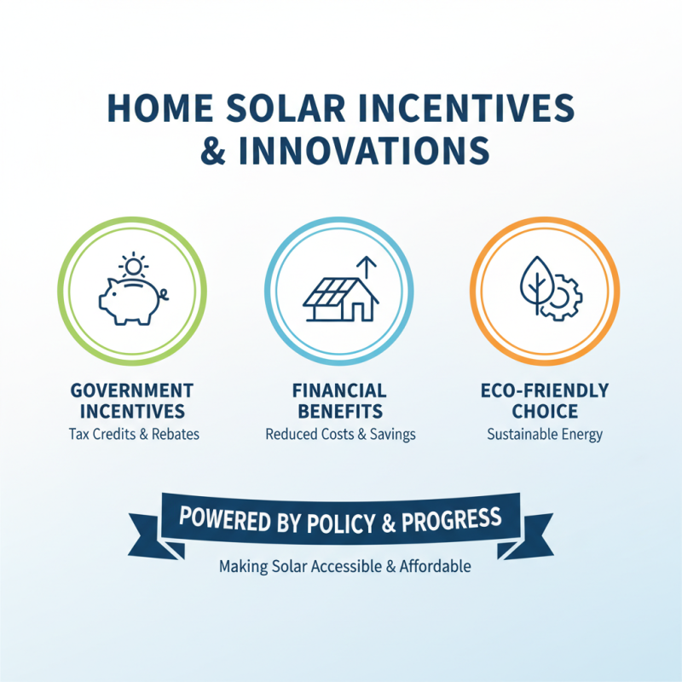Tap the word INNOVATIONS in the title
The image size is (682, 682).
point(364,149)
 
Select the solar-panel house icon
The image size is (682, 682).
point(339,298)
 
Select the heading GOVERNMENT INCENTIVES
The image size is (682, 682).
point(132,401)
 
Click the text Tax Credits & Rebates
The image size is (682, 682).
point(134,434)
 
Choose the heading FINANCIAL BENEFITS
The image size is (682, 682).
point(339,401)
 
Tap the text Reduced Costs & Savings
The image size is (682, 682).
point(340,434)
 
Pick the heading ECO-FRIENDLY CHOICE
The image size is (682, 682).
point(545,401)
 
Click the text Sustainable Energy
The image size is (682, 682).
point(545,434)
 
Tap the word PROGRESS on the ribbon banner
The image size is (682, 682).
point(450,518)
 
